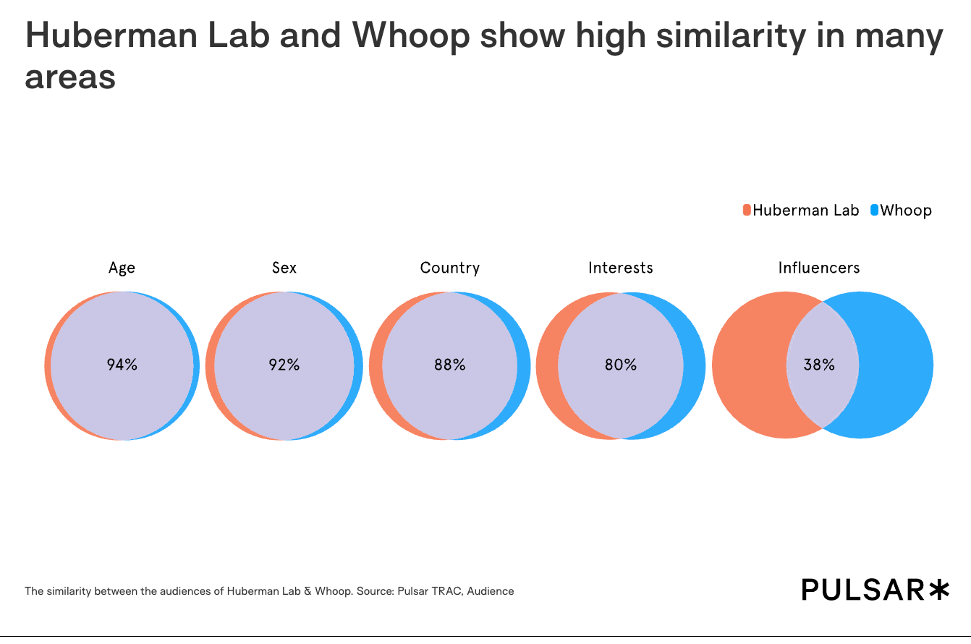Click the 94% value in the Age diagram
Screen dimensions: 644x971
click(x=122, y=365)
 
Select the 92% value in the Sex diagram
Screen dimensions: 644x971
click(x=284, y=365)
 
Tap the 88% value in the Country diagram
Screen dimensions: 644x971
click(x=449, y=365)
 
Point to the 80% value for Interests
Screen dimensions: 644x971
click(x=620, y=365)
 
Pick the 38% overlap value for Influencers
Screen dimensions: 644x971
click(x=819, y=365)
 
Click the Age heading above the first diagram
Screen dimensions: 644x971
click(x=122, y=268)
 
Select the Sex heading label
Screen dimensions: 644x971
click(x=284, y=268)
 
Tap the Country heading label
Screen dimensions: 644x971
click(x=449, y=268)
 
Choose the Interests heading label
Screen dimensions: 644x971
click(x=620, y=268)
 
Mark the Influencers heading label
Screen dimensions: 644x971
click(x=819, y=268)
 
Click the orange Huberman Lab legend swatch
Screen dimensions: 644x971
click(x=747, y=211)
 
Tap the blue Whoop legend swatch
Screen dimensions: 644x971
click(x=874, y=211)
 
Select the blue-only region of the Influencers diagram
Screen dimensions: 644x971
click(x=897, y=365)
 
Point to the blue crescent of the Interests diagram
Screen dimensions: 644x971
click(x=695, y=365)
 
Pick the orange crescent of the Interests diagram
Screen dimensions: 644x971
click(x=547, y=365)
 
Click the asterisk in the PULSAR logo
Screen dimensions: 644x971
click(x=938, y=589)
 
